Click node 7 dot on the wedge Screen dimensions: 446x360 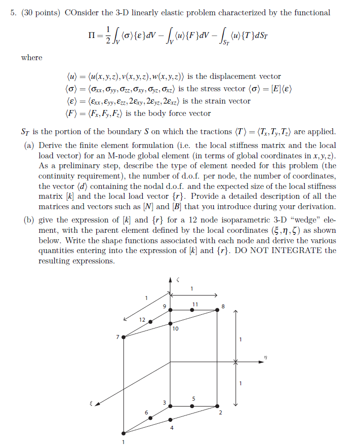pos(123,337)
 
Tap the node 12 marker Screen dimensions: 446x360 pos(150,321)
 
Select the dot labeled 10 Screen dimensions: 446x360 pos(170,324)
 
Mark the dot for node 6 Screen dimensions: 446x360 pos(150,418)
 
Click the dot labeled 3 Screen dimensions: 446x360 pos(170,406)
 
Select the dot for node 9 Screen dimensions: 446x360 pos(170,310)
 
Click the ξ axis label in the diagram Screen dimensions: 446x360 pos(90,404)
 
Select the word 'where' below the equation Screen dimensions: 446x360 pos(32,58)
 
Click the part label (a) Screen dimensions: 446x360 pos(29,146)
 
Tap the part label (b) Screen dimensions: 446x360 pos(29,220)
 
